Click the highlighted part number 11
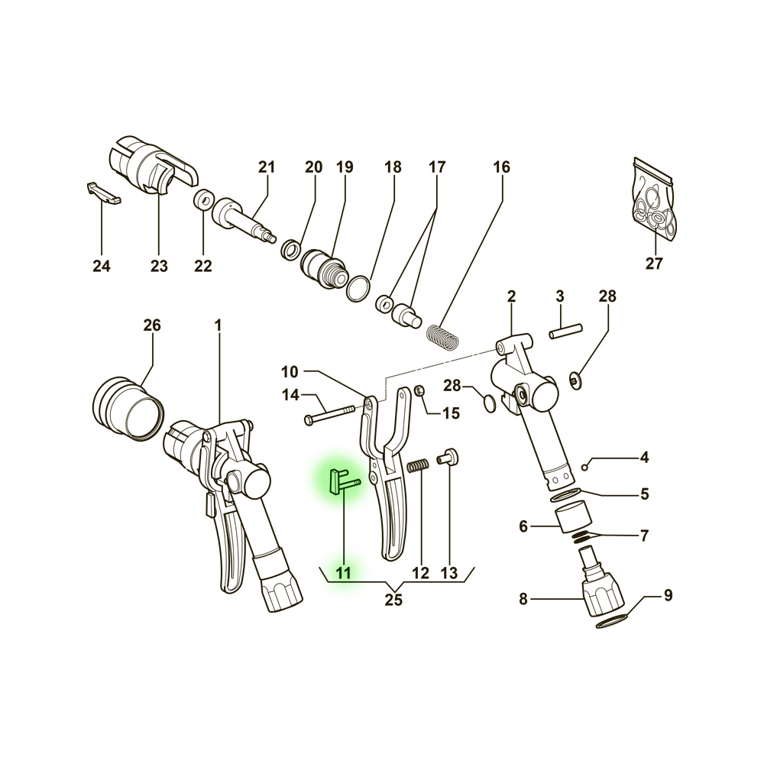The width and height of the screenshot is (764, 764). point(344,572)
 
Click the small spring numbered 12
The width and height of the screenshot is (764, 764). point(418,466)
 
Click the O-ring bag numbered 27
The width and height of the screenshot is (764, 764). point(655,200)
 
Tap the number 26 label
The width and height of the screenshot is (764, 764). point(152,325)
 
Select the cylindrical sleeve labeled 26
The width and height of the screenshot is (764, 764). point(128,408)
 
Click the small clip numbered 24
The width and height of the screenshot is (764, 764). point(104,193)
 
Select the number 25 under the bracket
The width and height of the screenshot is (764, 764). point(393,600)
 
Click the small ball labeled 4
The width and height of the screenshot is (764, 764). point(585,468)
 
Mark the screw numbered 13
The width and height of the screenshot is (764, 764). point(448,457)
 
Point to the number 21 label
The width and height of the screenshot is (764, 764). point(267,167)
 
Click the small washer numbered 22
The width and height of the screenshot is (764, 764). point(203,199)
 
